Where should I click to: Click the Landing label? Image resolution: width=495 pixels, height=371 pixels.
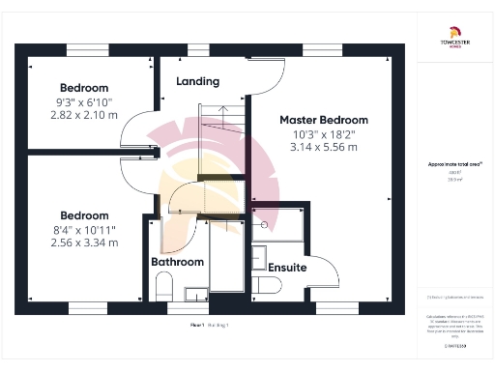tap(197, 82)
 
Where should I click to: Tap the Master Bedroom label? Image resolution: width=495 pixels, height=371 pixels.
tap(324, 120)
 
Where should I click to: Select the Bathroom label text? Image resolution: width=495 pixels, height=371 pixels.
tap(177, 262)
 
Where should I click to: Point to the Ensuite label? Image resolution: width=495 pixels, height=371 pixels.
tap(287, 267)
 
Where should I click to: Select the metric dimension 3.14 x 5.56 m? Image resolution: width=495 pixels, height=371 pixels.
tap(324, 148)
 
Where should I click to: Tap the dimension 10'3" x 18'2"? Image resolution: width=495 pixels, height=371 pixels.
tap(324, 134)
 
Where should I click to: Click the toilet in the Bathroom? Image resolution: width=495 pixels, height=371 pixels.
tap(162, 286)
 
